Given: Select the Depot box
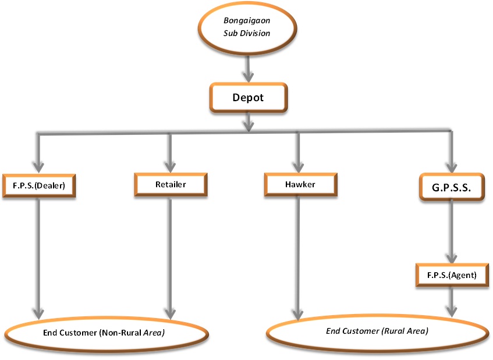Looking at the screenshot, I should tap(248, 98).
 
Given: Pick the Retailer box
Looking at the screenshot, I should tap(170, 184).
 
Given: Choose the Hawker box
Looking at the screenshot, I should tap(300, 184).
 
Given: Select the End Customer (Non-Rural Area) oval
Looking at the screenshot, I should tap(104, 333).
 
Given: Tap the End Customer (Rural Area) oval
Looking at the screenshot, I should tap(376, 332).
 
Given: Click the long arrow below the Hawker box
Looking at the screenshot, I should tap(299, 256).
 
